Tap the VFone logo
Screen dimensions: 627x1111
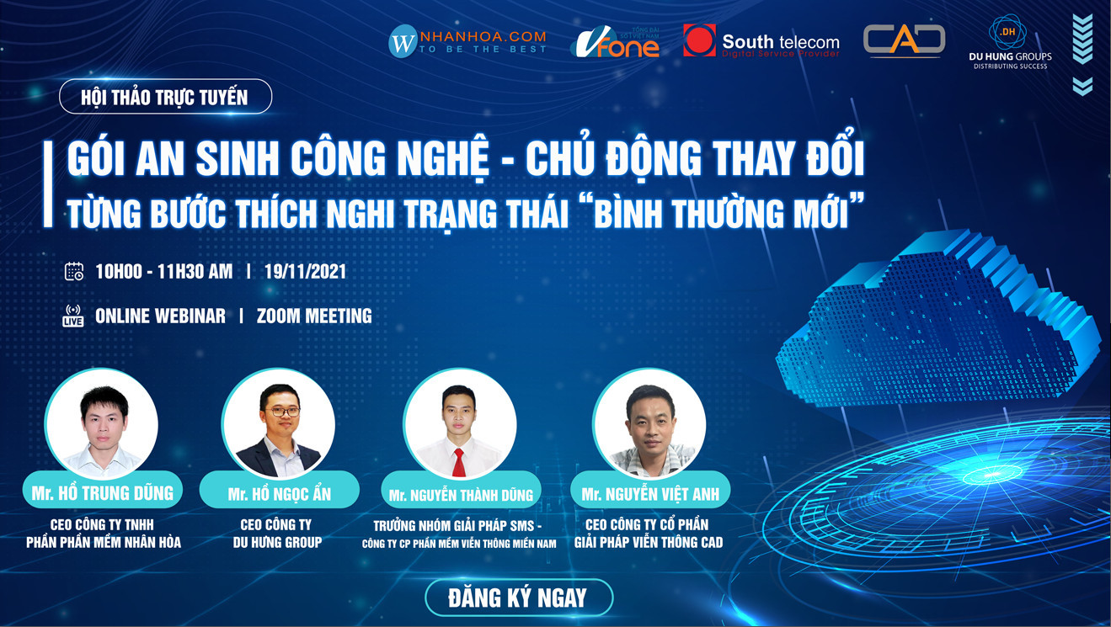coord(615,42)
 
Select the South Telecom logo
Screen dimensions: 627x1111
coord(761,41)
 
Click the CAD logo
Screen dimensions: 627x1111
coord(904,40)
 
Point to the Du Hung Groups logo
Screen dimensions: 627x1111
coord(1010,42)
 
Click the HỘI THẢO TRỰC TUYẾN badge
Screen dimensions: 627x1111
coord(165,97)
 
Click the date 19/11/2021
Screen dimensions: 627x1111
coord(305,272)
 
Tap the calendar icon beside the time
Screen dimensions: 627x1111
coord(74,272)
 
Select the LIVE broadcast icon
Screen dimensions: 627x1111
coord(73,316)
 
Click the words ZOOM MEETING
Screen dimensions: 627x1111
coord(314,316)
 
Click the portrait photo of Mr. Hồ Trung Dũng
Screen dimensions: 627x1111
coord(102,425)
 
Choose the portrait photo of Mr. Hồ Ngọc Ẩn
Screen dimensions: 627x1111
coord(279,425)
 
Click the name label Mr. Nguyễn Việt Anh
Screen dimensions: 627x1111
coord(650,494)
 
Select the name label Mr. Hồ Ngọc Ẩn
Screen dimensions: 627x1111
coord(280,494)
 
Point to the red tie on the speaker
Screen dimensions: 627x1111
coord(459,462)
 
